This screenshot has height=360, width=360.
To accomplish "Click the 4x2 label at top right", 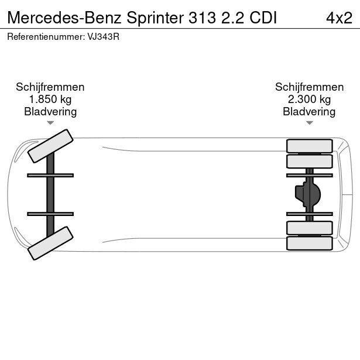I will [339, 17].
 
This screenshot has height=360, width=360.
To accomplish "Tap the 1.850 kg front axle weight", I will [50, 100].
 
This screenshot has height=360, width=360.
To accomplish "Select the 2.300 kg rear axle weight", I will [309, 100].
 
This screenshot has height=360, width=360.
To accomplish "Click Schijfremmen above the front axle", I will [50, 87].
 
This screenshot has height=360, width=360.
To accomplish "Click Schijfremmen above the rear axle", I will [309, 87].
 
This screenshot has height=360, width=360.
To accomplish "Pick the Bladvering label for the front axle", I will [50, 112].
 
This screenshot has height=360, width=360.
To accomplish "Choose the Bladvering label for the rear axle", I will [309, 112].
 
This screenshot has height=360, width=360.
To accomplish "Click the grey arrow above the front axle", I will [50, 123].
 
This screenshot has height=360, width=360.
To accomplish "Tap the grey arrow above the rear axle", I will [309, 123].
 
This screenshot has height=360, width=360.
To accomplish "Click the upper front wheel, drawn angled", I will [50, 146].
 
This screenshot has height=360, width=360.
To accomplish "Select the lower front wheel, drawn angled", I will [50, 243].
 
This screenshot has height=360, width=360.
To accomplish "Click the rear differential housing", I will [308, 194].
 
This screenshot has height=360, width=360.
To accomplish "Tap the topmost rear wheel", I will [309, 146].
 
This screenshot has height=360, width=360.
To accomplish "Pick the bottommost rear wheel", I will [309, 243].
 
